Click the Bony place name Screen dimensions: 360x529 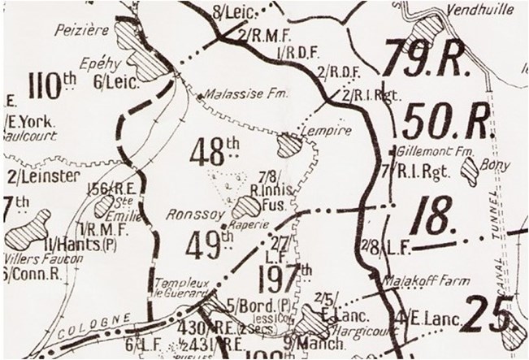496,165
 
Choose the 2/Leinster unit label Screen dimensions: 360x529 33,176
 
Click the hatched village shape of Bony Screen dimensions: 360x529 470,172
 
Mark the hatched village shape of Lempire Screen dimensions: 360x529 289,145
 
